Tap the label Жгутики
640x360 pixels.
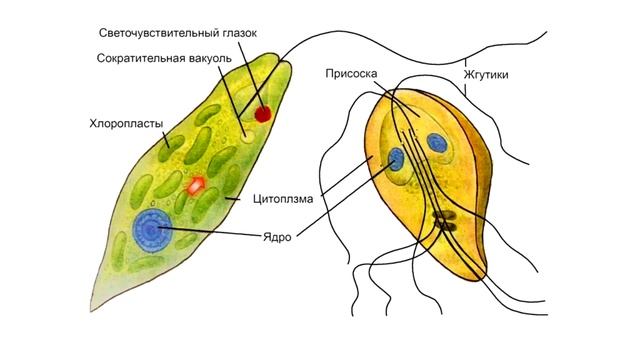[484, 74]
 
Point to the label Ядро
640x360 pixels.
[276, 240]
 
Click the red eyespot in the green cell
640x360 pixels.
[262, 114]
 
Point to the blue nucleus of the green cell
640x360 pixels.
[152, 231]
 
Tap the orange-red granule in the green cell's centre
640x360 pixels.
[196, 184]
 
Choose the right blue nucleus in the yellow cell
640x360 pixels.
[437, 143]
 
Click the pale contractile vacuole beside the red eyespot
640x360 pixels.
[247, 134]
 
